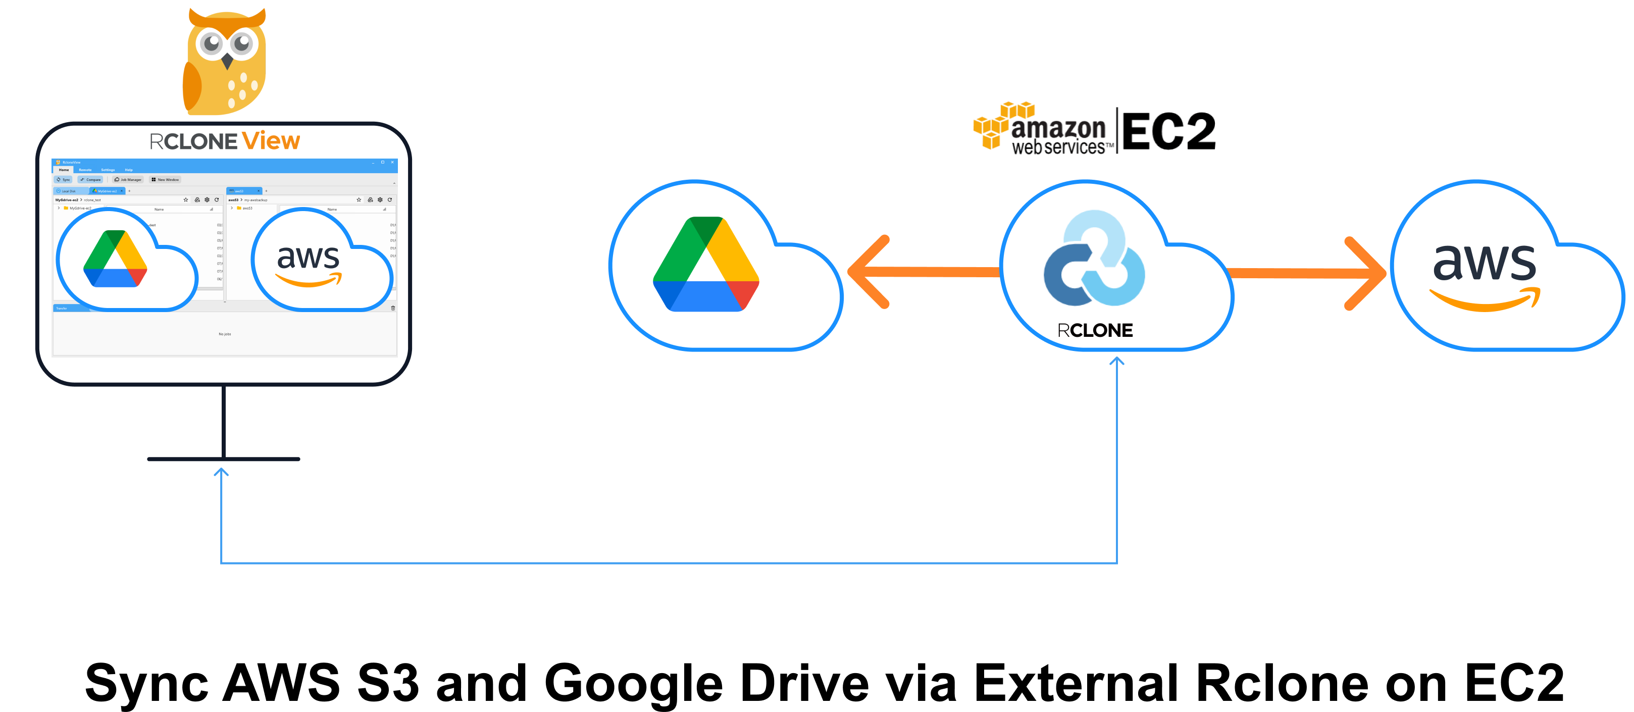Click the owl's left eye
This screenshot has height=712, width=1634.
pyautogui.click(x=211, y=43)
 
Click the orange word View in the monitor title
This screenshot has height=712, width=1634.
pyautogui.click(x=271, y=141)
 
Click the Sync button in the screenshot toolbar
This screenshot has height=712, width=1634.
pyautogui.click(x=64, y=180)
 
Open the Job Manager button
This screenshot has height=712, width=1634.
pyautogui.click(x=128, y=180)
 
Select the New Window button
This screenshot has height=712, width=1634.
pyautogui.click(x=165, y=180)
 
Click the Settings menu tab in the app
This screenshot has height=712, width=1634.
pyautogui.click(x=108, y=170)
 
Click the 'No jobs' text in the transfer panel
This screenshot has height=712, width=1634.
pyautogui.click(x=225, y=334)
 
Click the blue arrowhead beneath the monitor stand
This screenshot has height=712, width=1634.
pyautogui.click(x=221, y=472)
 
